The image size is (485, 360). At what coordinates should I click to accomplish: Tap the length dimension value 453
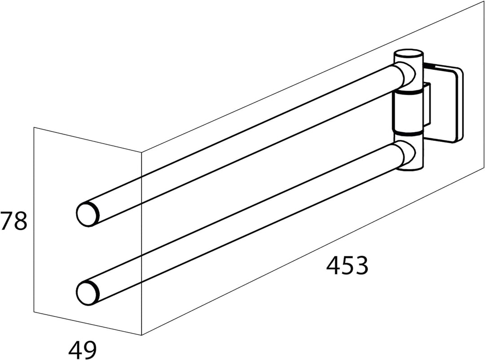(347, 266)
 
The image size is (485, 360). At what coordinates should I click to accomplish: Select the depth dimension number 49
(83, 349)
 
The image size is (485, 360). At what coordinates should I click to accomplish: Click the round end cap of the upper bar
(88, 214)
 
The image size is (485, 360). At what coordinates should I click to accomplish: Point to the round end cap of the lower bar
(88, 292)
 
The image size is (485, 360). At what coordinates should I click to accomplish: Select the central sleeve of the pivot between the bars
(407, 112)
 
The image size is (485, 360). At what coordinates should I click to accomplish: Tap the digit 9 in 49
(90, 349)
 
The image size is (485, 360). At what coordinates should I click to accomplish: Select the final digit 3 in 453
(361, 266)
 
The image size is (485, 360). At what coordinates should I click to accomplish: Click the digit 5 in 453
(347, 266)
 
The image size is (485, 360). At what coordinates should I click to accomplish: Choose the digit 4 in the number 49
(75, 349)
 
